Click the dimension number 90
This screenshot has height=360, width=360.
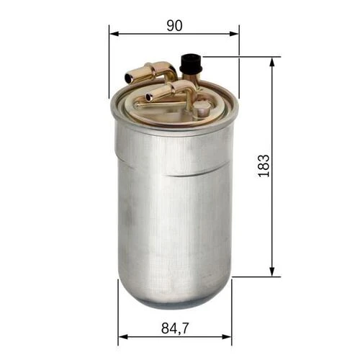coord(174,25)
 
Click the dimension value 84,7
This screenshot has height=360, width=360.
coord(174,328)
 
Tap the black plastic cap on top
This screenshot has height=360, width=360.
coord(190,62)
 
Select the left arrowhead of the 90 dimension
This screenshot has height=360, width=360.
coord(113,33)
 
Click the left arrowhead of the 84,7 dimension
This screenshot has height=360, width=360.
coord(122,336)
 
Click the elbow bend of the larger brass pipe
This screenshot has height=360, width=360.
coord(168,69)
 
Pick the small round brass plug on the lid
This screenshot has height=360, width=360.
coord(203,108)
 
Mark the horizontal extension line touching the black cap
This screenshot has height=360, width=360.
coord(238,56)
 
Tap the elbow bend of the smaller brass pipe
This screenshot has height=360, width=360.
coord(188,87)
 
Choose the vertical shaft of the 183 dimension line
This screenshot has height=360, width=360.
coord(272,216)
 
